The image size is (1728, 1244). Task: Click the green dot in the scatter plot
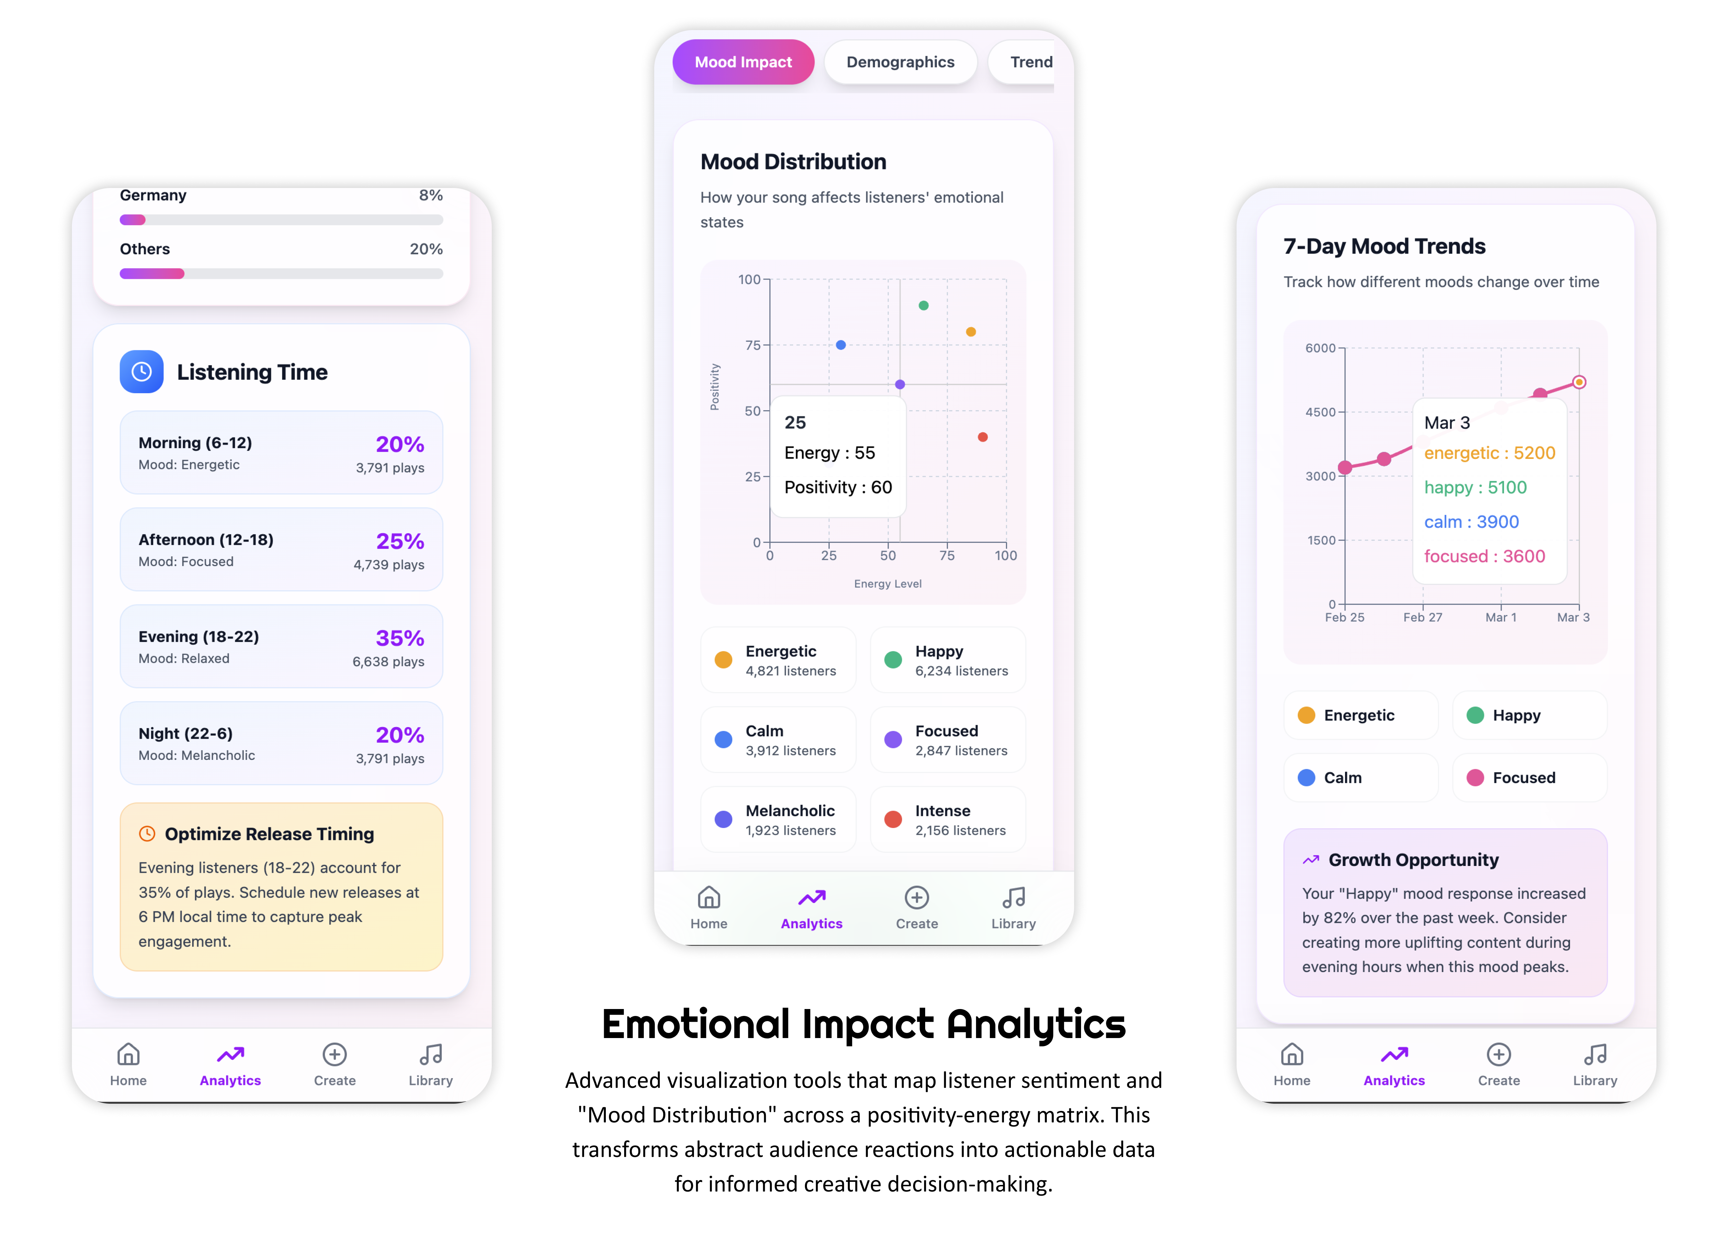coord(923,305)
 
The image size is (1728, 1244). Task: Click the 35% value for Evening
coord(399,638)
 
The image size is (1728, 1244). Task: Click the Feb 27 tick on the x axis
coord(1422,617)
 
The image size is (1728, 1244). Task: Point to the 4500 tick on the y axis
coord(1321,412)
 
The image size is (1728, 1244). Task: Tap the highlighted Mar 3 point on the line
coord(1579,383)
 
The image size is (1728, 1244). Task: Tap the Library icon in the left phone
coord(431,1055)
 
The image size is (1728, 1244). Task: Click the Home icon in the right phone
coord(1292,1055)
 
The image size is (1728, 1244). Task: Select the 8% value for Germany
coord(431,195)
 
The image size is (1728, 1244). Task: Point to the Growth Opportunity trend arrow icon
coord(1311,860)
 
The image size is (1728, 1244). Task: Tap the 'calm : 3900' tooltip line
coord(1471,522)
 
